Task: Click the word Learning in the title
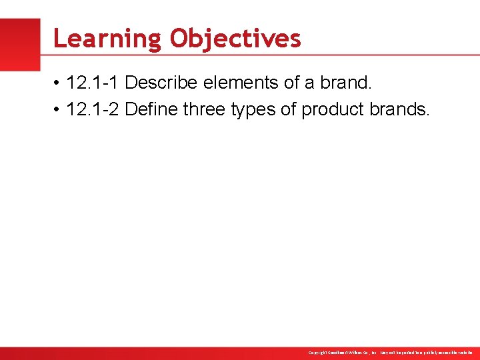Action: [x=107, y=39]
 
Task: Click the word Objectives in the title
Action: [x=235, y=39]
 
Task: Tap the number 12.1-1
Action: [x=93, y=83]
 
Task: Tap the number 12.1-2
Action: [x=93, y=109]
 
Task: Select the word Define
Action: [x=151, y=109]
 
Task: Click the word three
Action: [x=203, y=109]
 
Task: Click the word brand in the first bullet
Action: [x=349, y=83]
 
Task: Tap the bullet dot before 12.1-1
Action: [x=59, y=84]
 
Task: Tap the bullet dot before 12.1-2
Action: [x=59, y=109]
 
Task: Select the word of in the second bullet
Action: [x=288, y=109]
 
